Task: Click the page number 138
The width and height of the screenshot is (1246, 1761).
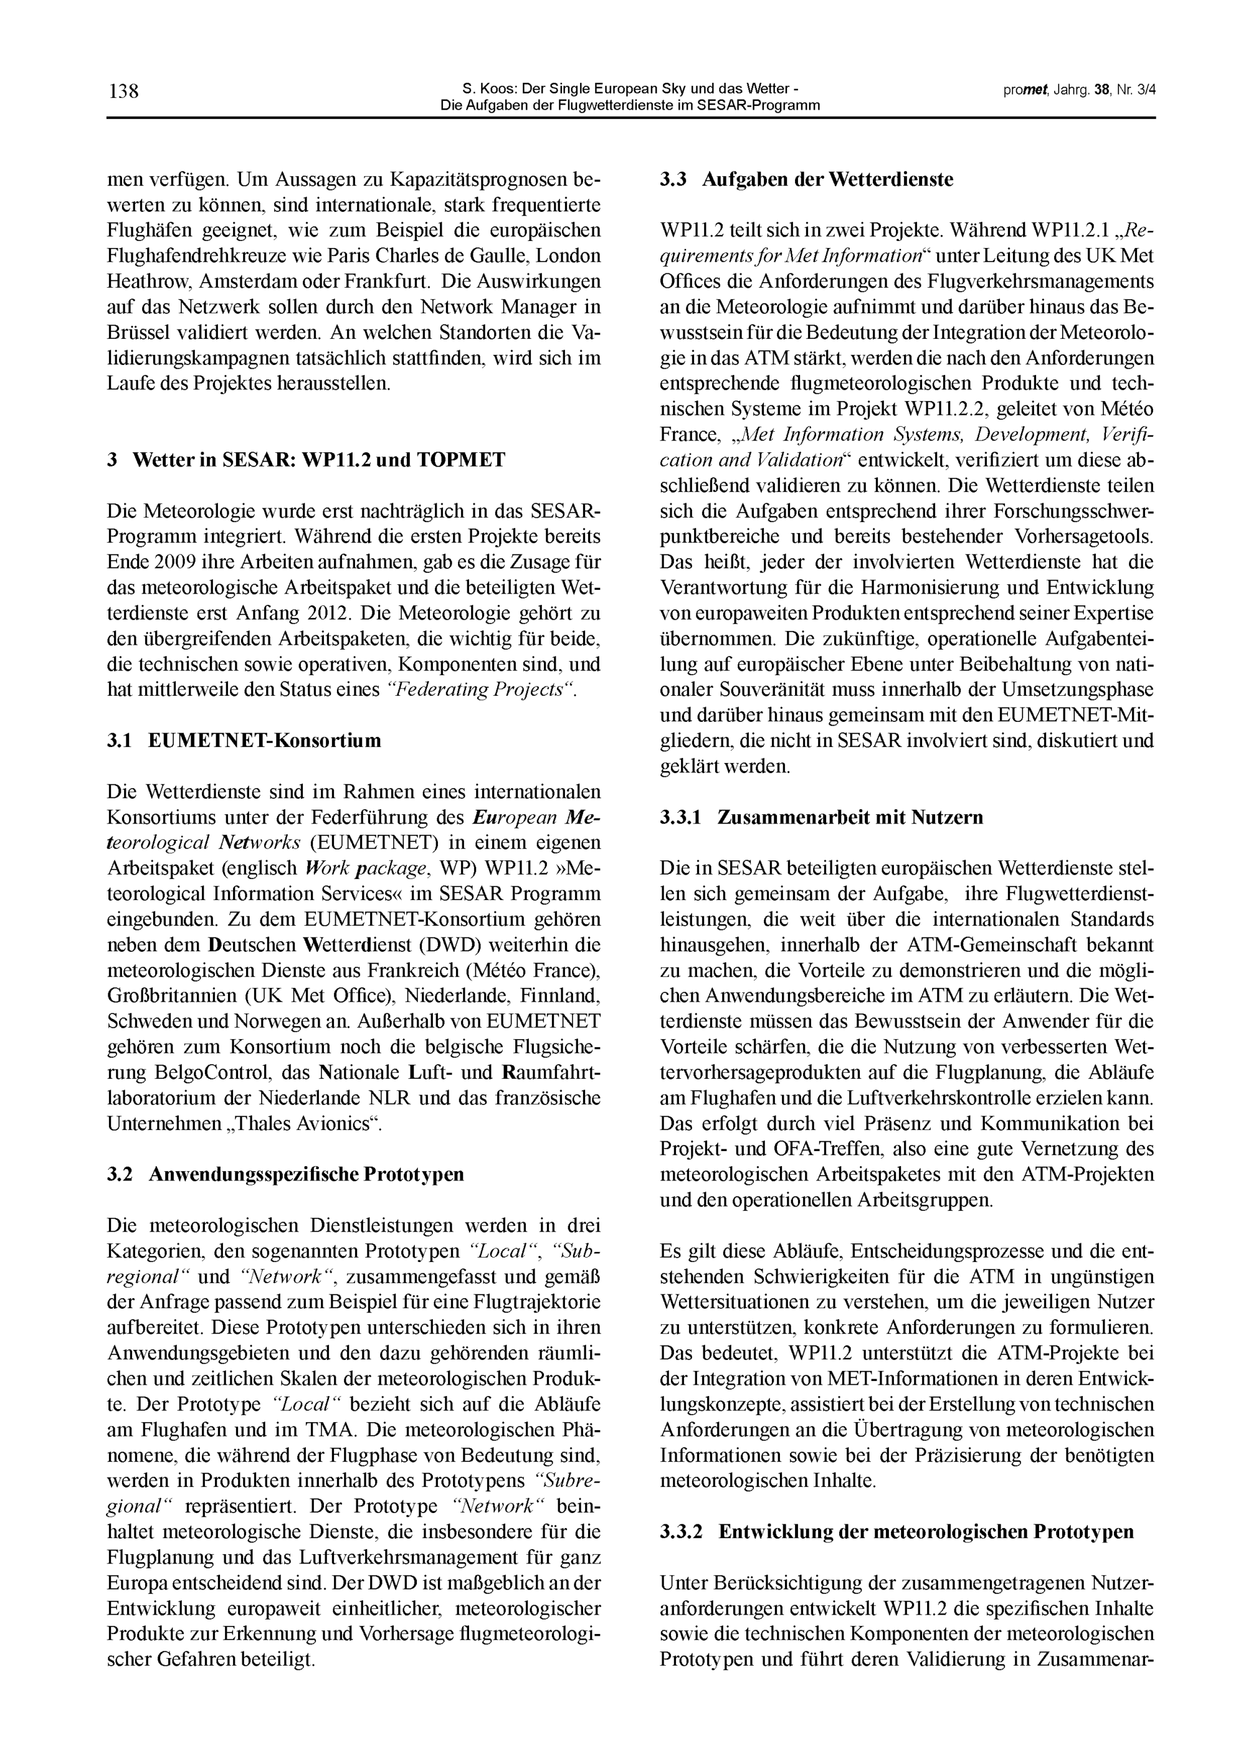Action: [x=123, y=92]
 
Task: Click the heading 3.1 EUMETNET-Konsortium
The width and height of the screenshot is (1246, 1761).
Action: [x=244, y=741]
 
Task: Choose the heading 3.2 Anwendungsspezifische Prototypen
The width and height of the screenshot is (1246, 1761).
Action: [x=285, y=1174]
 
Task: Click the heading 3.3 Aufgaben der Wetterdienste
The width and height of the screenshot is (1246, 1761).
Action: [x=806, y=179]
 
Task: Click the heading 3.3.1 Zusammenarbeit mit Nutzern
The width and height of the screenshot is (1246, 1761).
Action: [x=821, y=818]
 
